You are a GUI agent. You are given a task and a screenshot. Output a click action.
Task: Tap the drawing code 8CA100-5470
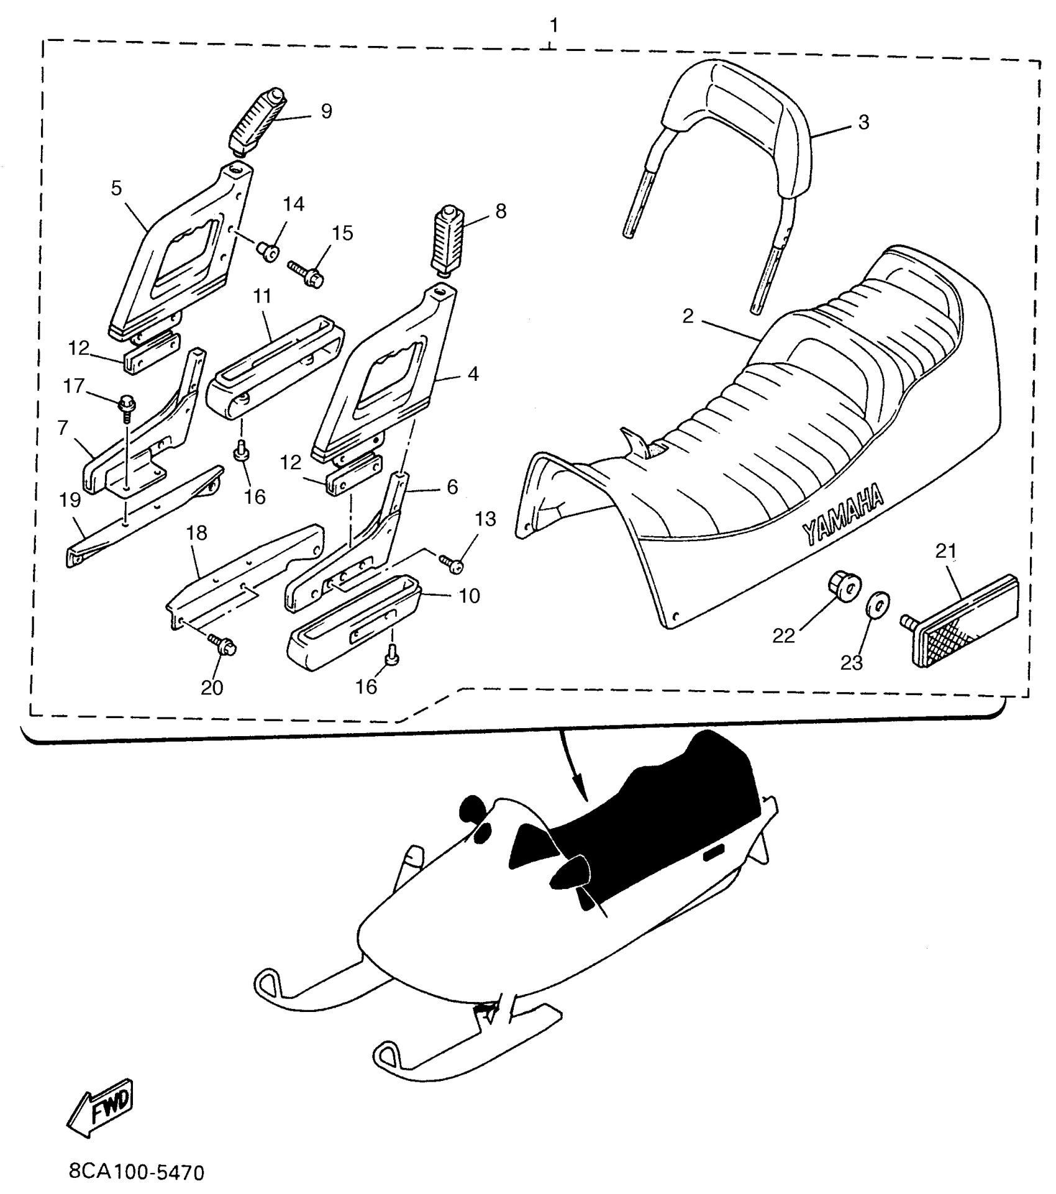point(136,1172)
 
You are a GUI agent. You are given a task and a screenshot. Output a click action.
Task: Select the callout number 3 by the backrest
point(863,122)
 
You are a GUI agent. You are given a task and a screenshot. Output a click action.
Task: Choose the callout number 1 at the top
point(553,26)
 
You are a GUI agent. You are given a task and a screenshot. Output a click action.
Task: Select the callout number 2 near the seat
point(687,316)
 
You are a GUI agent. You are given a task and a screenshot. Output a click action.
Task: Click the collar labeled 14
point(269,250)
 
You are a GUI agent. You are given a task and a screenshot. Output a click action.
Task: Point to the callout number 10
point(470,596)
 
